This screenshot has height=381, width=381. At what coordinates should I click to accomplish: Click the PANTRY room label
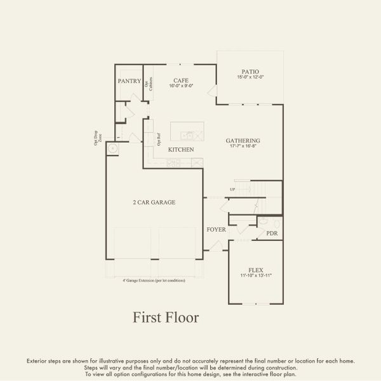pos(129,81)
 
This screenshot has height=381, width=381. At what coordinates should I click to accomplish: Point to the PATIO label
pos(250,72)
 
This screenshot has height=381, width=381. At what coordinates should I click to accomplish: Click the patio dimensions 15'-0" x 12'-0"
pos(250,77)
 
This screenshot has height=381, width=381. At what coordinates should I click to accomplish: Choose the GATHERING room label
pos(243,140)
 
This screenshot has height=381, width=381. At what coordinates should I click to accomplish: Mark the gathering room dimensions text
pos(243,146)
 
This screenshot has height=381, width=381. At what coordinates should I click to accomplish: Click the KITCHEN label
pos(181,149)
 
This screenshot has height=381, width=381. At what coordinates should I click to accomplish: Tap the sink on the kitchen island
pos(187,135)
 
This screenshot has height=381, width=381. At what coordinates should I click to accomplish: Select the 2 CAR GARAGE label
pos(154,202)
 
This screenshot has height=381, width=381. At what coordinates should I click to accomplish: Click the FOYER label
pos(216,229)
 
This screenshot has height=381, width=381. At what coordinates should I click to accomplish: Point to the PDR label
pos(272,234)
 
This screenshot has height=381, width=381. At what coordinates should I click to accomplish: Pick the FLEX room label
pos(255,270)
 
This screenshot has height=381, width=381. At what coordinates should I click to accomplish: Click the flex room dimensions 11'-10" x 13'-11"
pos(255,276)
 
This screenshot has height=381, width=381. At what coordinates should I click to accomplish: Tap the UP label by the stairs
pos(233,189)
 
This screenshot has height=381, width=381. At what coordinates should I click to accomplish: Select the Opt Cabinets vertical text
pos(148,84)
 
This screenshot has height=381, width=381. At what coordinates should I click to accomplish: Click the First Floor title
pos(166,317)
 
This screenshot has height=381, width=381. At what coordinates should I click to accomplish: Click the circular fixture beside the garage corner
pos(112,149)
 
